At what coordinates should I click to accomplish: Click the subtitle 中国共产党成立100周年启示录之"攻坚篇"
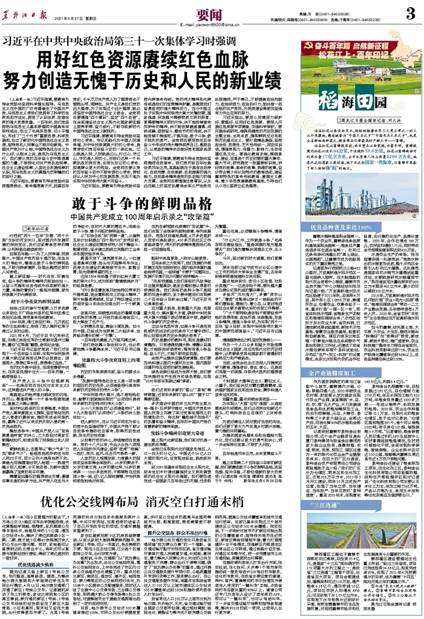[x=142, y=216]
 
